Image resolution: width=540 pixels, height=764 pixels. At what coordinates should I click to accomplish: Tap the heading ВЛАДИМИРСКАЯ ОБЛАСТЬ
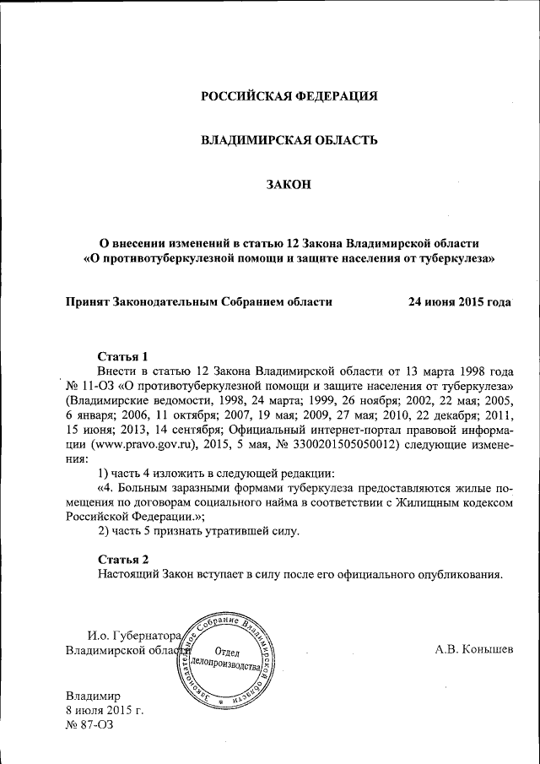pos(288,139)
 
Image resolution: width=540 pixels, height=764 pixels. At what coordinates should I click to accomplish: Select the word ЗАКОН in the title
pos(289,183)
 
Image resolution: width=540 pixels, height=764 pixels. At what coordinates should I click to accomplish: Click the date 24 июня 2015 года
pos(459,301)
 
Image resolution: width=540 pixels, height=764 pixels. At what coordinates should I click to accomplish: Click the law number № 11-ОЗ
pos(89,385)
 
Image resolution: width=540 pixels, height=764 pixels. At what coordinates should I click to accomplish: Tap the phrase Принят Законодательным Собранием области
pos(198,301)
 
